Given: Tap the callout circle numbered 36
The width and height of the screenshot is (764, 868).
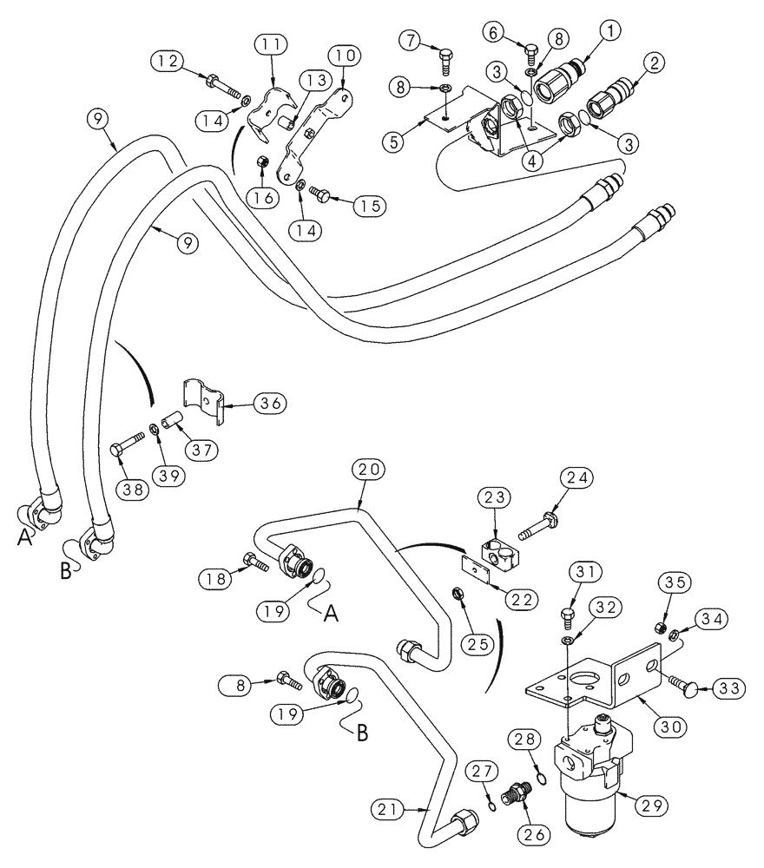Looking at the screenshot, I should pyautogui.click(x=270, y=403).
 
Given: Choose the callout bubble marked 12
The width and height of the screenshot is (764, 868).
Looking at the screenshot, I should pyautogui.click(x=167, y=61).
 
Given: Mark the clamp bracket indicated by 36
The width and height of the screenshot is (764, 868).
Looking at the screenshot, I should pyautogui.click(x=207, y=404).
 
